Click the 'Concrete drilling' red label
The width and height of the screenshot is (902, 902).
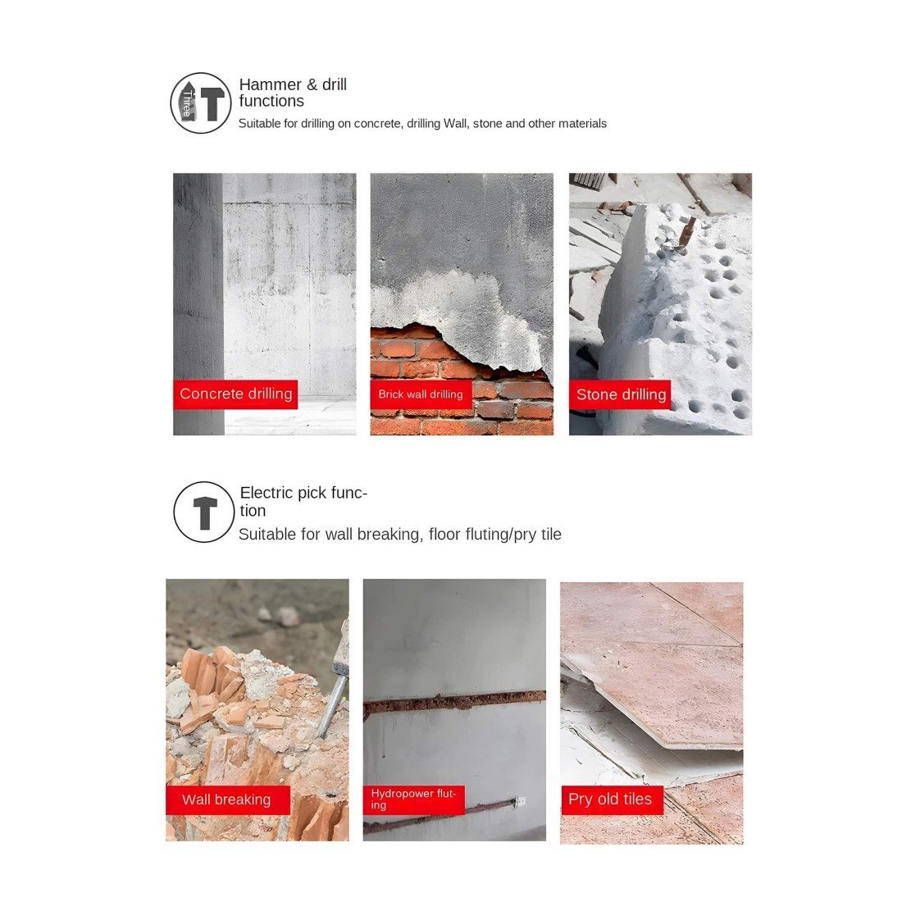[x=235, y=394]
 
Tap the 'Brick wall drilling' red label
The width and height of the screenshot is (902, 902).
[x=421, y=394]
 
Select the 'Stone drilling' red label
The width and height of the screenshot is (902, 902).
[x=620, y=394]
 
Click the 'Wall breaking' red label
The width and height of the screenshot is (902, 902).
[x=228, y=799]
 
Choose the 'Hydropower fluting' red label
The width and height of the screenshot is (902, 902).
[x=413, y=799]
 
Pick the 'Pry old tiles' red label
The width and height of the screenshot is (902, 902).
[x=612, y=799]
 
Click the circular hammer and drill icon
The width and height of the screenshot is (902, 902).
[x=201, y=103]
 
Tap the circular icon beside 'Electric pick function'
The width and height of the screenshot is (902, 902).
[x=204, y=512]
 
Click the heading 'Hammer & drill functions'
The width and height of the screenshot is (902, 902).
[x=293, y=93]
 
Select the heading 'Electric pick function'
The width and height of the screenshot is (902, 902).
[x=303, y=502]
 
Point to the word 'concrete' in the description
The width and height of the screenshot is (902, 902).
[x=378, y=124]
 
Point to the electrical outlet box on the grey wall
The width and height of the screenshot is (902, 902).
[x=520, y=800]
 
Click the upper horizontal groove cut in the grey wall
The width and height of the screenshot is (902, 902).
[x=454, y=700]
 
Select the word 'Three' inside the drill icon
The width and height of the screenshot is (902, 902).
[x=187, y=103]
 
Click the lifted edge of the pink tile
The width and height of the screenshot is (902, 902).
[x=650, y=725]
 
